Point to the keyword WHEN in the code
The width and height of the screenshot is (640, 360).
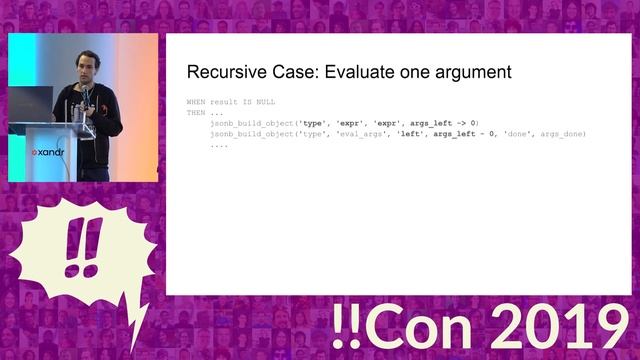(x=197, y=102)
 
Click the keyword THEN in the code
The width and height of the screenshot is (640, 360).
(x=197, y=112)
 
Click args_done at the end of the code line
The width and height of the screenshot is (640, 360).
(x=562, y=134)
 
